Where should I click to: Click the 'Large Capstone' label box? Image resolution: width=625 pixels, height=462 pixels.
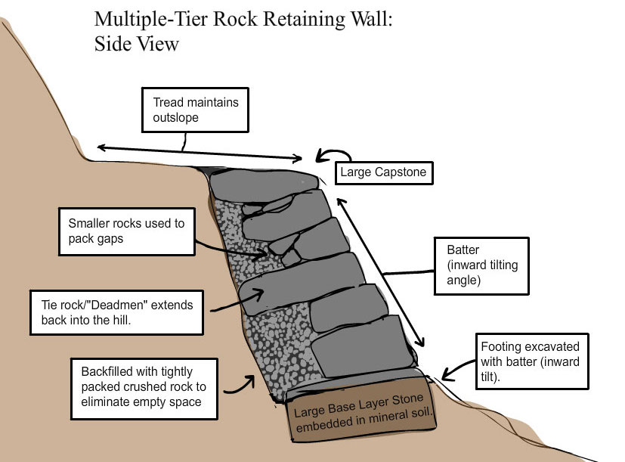[382, 172]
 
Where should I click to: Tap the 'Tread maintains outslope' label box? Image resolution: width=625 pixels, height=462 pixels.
[195, 110]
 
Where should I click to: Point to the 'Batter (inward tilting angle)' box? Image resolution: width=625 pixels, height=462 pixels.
[481, 266]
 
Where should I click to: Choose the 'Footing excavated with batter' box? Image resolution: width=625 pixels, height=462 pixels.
[531, 361]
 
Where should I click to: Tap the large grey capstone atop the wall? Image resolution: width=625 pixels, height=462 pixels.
[265, 181]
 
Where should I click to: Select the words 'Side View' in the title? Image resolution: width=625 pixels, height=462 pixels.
[136, 44]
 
